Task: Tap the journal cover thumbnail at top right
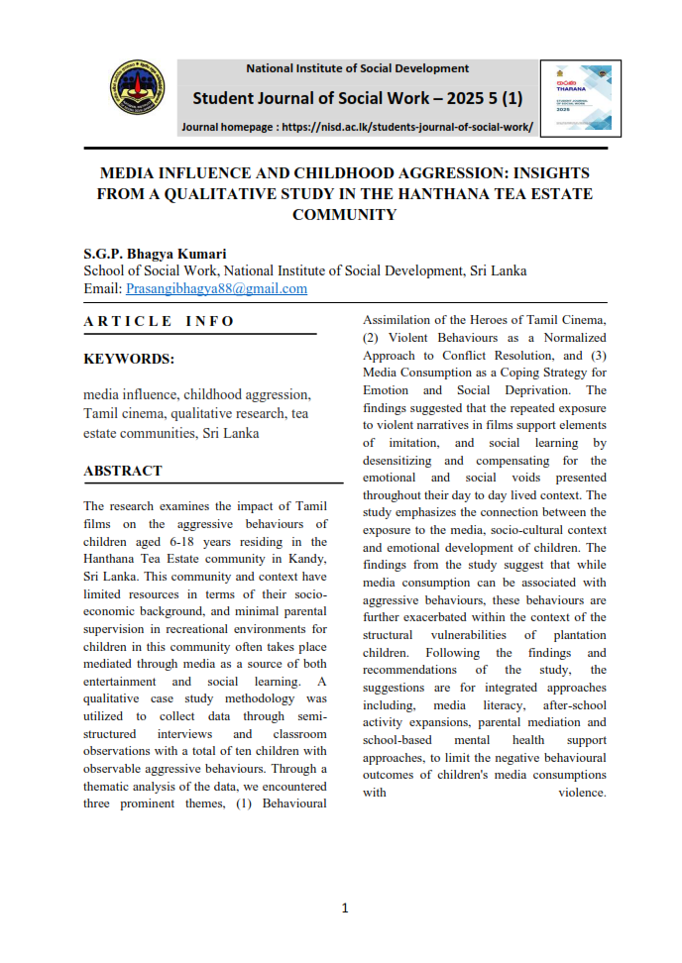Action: pyautogui.click(x=581, y=98)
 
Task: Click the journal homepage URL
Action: pyautogui.click(x=407, y=127)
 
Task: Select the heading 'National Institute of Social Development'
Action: pyautogui.click(x=357, y=68)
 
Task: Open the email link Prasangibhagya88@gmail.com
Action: pyautogui.click(x=216, y=288)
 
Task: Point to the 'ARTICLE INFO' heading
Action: pyautogui.click(x=159, y=321)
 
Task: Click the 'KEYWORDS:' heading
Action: pyautogui.click(x=129, y=359)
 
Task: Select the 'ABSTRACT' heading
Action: pyautogui.click(x=123, y=471)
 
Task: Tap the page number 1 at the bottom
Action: pyautogui.click(x=344, y=908)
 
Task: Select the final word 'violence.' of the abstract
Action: pyautogui.click(x=582, y=793)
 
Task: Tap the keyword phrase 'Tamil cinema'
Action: pyautogui.click(x=126, y=412)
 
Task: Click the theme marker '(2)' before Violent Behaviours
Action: pyautogui.click(x=372, y=337)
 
